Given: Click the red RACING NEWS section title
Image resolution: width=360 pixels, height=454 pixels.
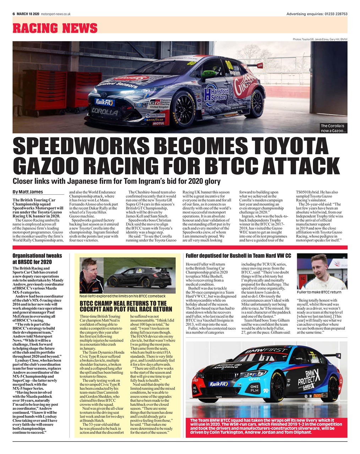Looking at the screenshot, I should tap(55, 28).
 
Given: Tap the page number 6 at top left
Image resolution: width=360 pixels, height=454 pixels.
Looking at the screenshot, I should tap(13, 14).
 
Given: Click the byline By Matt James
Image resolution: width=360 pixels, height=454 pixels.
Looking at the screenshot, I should tap(28, 192).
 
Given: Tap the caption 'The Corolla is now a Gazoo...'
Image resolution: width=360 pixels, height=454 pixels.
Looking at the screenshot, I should tap(333, 128).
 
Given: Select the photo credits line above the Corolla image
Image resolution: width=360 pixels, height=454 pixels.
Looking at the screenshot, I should tap(320, 39).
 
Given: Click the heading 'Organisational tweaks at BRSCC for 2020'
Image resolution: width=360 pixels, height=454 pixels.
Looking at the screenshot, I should tap(37, 258).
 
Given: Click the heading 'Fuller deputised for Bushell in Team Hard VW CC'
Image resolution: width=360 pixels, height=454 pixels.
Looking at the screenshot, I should tap(238, 255).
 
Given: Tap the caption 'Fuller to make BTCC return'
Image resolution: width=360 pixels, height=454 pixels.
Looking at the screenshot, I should tap(319, 292).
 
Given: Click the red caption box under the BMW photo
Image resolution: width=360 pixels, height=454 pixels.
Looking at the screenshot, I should tap(266, 426).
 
